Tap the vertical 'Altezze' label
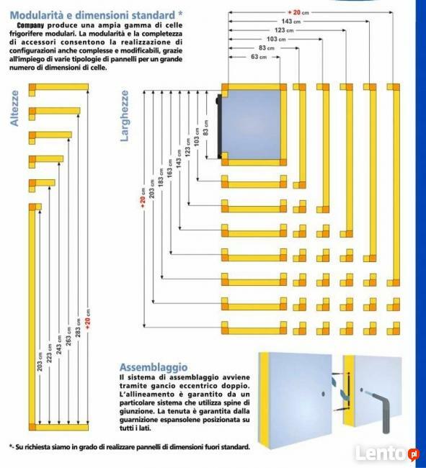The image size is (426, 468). coord(14,109)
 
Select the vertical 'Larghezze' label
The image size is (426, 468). coord(125,115)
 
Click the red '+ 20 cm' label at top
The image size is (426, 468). coord(298,12)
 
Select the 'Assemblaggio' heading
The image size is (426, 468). coord(153,366)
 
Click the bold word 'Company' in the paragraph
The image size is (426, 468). coord(34,25)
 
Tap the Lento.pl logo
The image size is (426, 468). coord(393,454)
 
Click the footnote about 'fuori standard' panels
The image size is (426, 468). coord(130,447)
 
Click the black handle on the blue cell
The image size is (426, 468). coord(218,124)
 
